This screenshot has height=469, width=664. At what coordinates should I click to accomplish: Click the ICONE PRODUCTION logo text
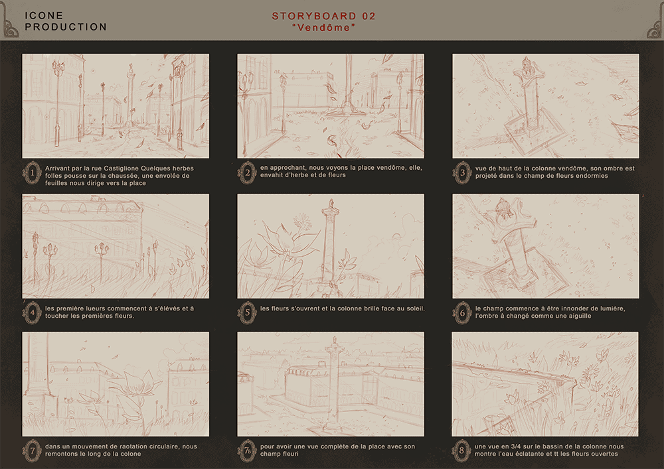pos(66,21)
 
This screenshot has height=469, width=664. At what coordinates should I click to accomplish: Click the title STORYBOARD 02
pos(323,16)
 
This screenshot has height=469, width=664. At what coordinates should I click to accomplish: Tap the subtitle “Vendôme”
pos(323,27)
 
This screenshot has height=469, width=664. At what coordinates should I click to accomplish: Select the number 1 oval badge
pos(32,172)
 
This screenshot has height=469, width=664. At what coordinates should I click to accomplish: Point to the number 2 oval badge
pos(247,172)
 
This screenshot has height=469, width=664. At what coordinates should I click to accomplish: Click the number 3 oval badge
pos(462,172)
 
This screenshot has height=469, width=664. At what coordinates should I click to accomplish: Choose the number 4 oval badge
pos(32,312)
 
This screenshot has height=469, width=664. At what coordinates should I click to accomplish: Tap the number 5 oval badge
pos(247,312)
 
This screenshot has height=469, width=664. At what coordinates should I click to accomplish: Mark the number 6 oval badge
pos(462,312)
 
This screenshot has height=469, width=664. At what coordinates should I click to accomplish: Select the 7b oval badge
pos(247,450)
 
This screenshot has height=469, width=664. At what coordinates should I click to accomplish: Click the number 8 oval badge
pos(461,450)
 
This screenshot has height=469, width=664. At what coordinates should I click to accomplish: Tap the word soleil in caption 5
pos(415,308)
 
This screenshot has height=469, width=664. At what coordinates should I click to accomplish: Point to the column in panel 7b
pos(334,383)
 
